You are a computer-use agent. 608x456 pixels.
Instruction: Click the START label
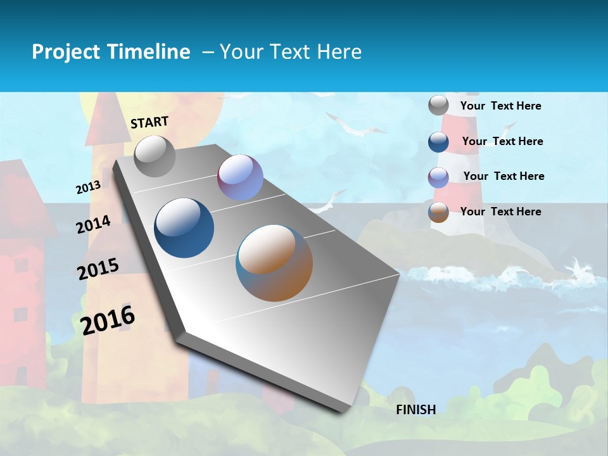(x=149, y=122)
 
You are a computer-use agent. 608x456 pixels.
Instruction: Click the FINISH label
(x=415, y=410)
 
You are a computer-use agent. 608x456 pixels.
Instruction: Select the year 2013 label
(x=89, y=187)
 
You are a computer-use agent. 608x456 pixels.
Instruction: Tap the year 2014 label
(x=93, y=224)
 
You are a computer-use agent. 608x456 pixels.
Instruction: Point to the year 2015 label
(x=98, y=269)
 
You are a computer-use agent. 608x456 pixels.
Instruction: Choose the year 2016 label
(x=108, y=319)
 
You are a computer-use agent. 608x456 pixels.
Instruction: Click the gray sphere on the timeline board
(x=155, y=156)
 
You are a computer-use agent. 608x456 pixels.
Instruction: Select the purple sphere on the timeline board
(x=240, y=177)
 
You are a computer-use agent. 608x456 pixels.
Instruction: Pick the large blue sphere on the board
(x=184, y=228)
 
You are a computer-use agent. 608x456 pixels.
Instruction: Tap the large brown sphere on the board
(x=274, y=263)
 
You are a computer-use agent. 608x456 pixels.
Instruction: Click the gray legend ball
(x=438, y=106)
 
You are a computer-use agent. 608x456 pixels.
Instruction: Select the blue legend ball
(x=438, y=141)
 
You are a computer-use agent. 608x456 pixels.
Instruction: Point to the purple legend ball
(x=438, y=177)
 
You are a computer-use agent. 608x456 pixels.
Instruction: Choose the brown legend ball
(x=438, y=212)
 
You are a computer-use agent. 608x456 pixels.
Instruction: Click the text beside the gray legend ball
(x=500, y=106)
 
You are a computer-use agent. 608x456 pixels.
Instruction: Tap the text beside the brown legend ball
(x=500, y=212)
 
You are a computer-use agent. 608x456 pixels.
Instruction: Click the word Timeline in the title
(x=149, y=52)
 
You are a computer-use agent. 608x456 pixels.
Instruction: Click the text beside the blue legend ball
(x=502, y=141)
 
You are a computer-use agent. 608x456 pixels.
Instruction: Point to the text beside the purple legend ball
(x=503, y=176)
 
